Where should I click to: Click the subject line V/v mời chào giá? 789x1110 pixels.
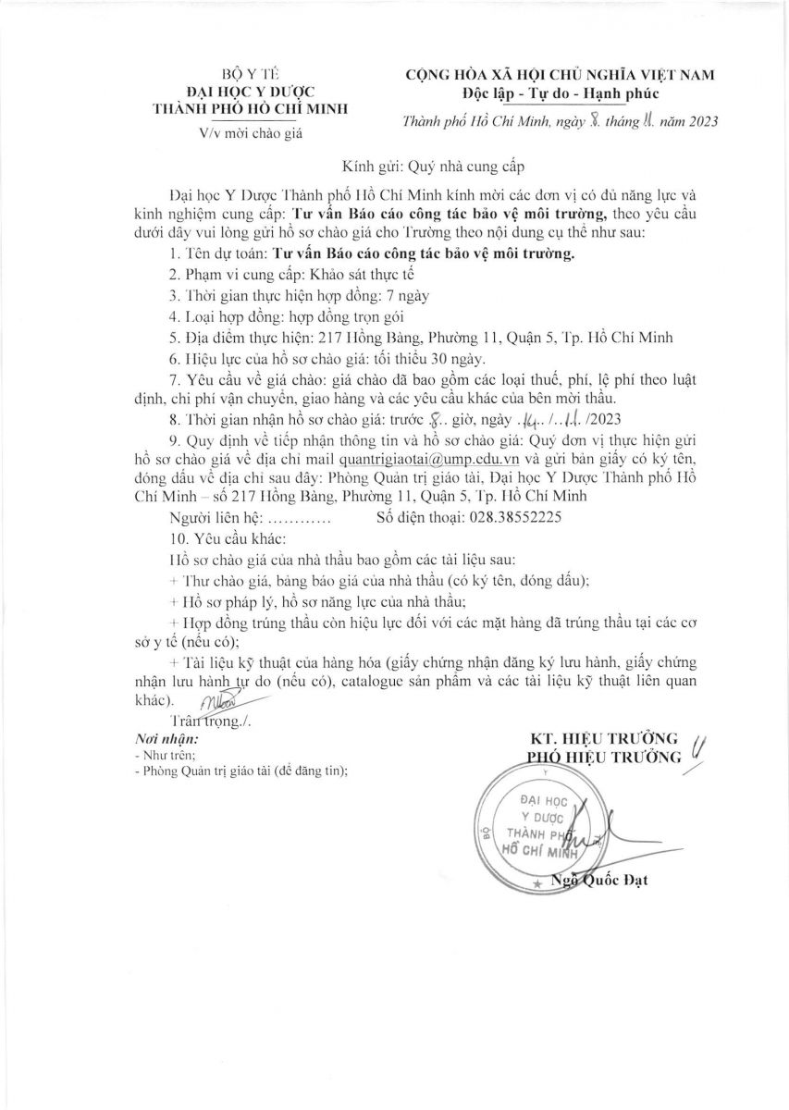point(250,133)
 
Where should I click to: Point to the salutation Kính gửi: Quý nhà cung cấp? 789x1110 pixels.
point(434,167)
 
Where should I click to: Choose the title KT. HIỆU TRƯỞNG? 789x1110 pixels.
point(604,737)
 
